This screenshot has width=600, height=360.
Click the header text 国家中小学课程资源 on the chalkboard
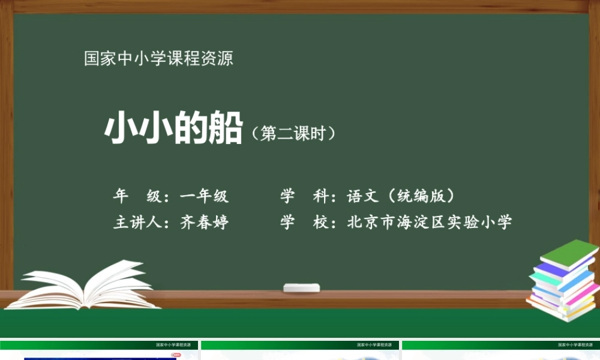(x=158, y=59)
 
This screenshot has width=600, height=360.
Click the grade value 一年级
(x=205, y=196)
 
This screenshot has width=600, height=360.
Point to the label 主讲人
(x=136, y=223)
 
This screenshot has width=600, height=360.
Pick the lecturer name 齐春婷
(x=205, y=223)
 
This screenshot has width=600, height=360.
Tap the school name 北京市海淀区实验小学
(x=430, y=223)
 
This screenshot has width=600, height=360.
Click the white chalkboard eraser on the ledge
(x=301, y=287)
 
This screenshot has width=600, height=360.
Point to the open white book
(x=84, y=287)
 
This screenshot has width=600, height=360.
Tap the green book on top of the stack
(x=569, y=253)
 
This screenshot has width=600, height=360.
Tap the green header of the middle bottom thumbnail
(x=300, y=345)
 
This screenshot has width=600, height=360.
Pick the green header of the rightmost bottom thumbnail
(x=501, y=345)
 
